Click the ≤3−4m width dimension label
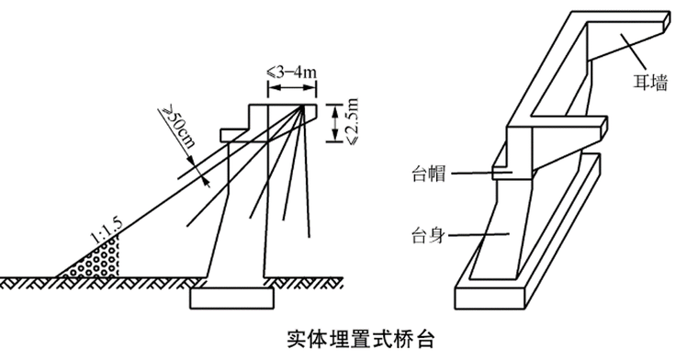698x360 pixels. pos(291,72)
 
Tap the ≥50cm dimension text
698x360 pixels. pos(179,127)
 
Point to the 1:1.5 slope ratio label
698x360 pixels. pos(107,231)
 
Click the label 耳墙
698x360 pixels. pos(650,83)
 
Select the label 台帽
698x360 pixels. pos(429,174)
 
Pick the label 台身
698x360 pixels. pos(428,235)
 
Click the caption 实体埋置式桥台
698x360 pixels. pos(360,339)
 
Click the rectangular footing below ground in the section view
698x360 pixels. pos(232,298)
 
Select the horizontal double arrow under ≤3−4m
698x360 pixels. pos(292,87)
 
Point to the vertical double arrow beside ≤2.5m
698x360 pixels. pos(334,123)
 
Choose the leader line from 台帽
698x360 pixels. pos(481,173)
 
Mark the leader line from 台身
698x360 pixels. pos(478,234)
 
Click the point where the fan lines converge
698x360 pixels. pos(304,106)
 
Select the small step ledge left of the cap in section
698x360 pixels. pos(234,135)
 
